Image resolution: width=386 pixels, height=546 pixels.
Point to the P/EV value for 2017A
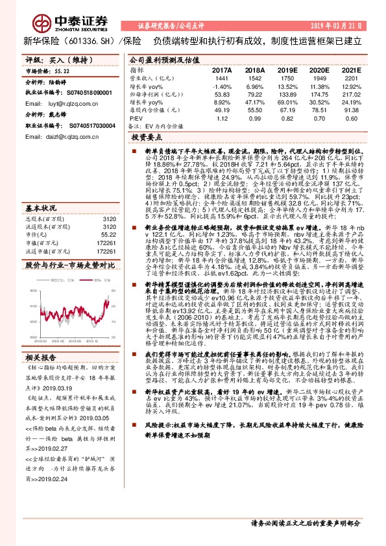click(x=222, y=119)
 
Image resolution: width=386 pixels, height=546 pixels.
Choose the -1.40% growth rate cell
click(x=222, y=86)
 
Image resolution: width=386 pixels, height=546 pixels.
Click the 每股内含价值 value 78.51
click(x=319, y=111)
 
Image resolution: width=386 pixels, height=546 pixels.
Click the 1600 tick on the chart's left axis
click(x=34, y=291)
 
